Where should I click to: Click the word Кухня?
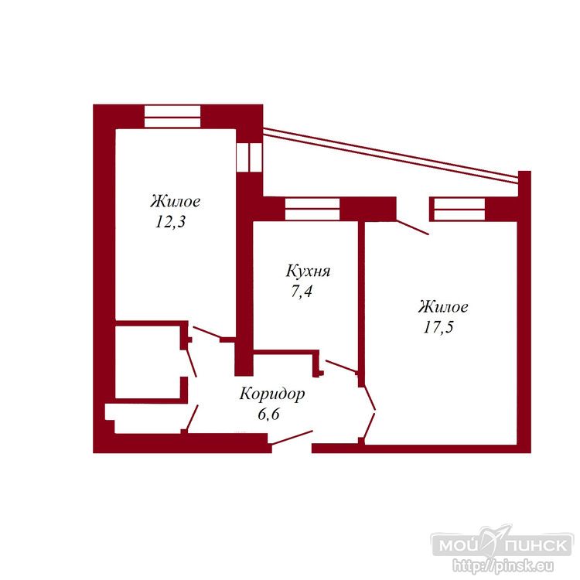coord(308,271)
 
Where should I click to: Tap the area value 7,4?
coord(301,292)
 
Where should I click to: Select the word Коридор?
coord(272,394)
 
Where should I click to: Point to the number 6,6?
coord(268,415)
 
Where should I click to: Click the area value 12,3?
coord(170,222)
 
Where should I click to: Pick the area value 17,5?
coord(438,327)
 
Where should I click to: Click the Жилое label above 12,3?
coord(176,202)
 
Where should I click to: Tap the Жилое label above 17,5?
coord(443,307)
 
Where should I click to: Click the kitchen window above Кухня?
coord(312,209)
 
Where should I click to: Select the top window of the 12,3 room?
coord(172,117)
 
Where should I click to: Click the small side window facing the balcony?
coord(249,157)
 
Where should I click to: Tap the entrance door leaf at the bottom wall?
coord(291,437)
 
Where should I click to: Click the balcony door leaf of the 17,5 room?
coord(412,227)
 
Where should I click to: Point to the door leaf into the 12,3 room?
coord(206,333)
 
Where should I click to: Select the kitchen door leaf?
coord(341,366)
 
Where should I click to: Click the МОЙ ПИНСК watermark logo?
coord(503,545)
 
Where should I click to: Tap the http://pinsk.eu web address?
coord(503,566)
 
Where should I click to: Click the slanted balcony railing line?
coord(391,155)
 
